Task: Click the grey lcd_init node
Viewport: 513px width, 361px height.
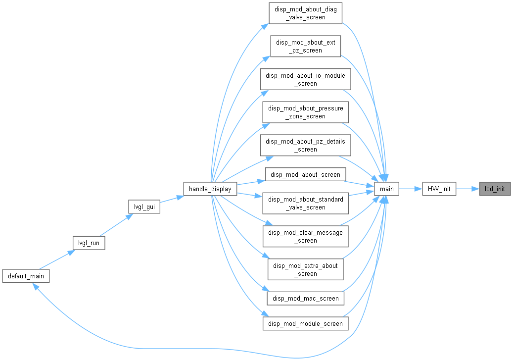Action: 495,189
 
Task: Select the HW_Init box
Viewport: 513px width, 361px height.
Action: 439,189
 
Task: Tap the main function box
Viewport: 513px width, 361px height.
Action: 387,189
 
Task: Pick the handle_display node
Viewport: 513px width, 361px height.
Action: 210,189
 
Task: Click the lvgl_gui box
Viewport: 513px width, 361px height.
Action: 144,206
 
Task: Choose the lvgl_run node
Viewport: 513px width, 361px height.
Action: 89,243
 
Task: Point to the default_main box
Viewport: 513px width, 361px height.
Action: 26,276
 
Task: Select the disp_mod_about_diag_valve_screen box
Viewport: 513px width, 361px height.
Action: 306,13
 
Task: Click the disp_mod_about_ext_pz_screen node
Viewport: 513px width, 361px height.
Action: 306,46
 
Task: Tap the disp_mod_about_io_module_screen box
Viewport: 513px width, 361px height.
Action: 306,79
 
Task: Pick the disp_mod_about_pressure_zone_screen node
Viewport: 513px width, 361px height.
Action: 306,112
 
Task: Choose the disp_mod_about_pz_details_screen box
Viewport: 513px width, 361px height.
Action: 306,146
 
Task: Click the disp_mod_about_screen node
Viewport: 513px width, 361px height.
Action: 306,175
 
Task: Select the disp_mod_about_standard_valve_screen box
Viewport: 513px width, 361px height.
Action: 306,204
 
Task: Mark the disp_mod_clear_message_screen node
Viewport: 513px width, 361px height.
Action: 306,237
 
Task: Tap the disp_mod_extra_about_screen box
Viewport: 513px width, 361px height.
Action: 306,269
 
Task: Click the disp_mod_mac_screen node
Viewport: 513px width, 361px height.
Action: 306,299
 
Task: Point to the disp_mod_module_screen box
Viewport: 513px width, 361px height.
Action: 306,324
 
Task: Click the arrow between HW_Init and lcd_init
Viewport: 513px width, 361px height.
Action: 468,189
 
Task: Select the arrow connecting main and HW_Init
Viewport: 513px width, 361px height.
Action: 411,189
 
